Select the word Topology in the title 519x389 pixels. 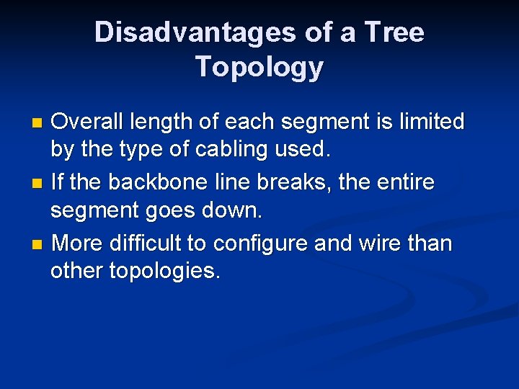click(259, 67)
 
